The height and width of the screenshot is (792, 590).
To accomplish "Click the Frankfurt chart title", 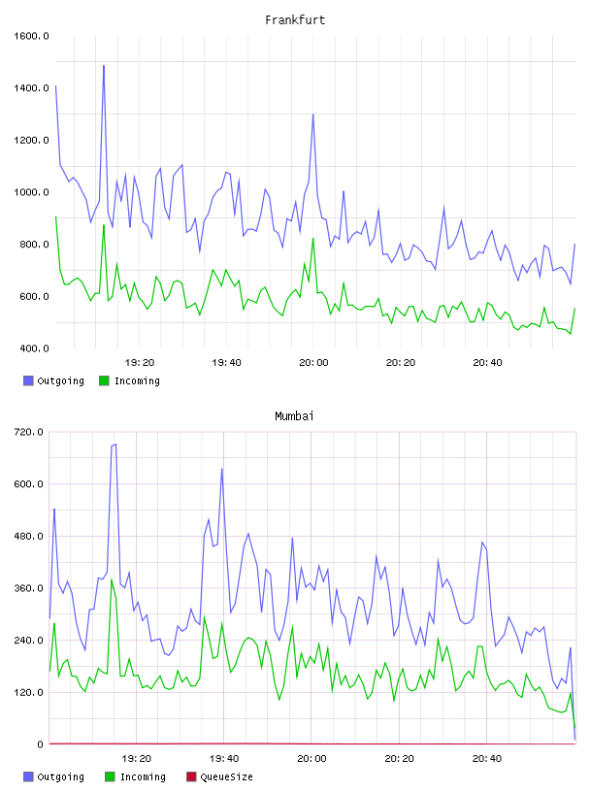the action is (x=295, y=20).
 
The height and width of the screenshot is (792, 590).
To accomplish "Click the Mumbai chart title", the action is (x=294, y=416).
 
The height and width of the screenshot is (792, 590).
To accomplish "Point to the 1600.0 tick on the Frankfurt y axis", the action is (x=31, y=36).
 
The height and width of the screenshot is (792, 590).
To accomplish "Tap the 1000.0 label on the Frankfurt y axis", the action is (x=31, y=192).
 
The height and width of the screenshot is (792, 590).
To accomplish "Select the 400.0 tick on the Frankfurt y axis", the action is (x=34, y=348).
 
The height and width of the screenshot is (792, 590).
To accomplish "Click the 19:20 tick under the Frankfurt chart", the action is (x=140, y=363).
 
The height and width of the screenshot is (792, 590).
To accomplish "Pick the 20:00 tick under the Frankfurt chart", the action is (x=313, y=363).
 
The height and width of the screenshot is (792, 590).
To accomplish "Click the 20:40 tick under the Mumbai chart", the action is (x=487, y=759).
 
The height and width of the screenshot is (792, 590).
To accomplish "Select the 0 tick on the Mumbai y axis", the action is (x=40, y=744).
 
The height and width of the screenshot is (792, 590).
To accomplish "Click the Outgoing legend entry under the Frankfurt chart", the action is (x=54, y=380).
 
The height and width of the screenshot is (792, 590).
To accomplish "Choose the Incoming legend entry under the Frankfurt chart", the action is (x=130, y=380).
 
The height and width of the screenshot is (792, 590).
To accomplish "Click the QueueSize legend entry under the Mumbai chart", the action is (x=219, y=776).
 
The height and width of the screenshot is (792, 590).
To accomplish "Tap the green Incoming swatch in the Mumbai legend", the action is (x=110, y=776).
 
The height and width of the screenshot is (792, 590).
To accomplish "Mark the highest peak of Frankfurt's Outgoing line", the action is (x=104, y=66).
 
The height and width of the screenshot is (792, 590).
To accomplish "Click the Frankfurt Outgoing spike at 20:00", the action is (x=313, y=115).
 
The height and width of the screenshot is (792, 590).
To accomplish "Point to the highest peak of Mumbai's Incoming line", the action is (x=112, y=579).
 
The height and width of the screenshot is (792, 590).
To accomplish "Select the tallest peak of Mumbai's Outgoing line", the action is (x=115, y=445).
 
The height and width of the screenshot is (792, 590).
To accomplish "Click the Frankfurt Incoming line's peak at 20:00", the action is (x=313, y=239).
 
